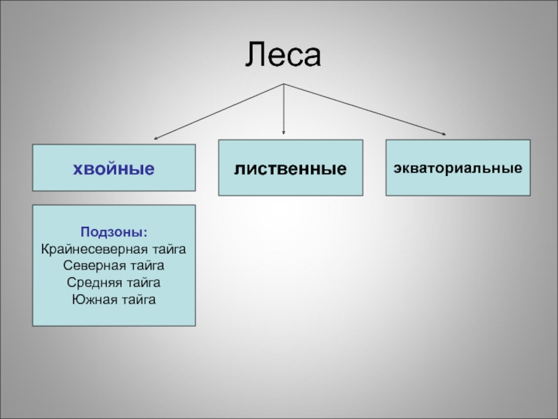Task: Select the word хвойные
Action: pyautogui.click(x=114, y=168)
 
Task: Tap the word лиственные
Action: pyautogui.click(x=290, y=168)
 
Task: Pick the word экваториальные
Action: pyautogui.click(x=458, y=168)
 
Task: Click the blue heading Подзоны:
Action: pyautogui.click(x=114, y=232)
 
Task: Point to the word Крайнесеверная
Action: pyautogui.click(x=91, y=249)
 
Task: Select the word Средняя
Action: pyautogui.click(x=92, y=283)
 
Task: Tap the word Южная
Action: pyautogui.click(x=93, y=300)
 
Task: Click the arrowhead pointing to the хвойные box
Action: pyautogui.click(x=157, y=138)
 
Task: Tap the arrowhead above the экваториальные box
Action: pyautogui.click(x=444, y=133)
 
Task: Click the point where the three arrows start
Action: pyautogui.click(x=283, y=84)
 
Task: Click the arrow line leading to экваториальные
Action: pyautogui.click(x=363, y=108)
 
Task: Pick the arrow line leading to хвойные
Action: pyautogui.click(x=220, y=110)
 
